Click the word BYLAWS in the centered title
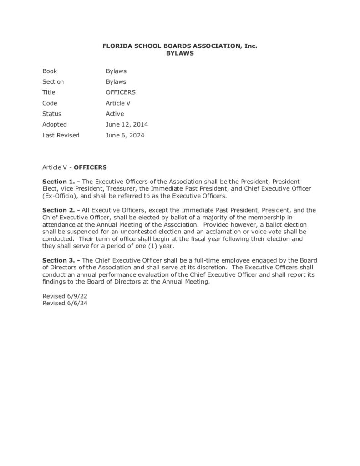(180, 53)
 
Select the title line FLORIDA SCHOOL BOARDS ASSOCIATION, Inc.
(180, 46)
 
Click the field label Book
(50, 71)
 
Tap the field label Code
(50, 103)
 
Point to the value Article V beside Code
(118, 103)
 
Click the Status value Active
(115, 114)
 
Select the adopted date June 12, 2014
(127, 124)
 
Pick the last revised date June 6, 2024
(125, 135)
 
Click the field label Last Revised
(61, 135)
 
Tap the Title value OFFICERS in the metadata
(121, 92)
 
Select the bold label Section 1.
(59, 181)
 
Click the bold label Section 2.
(59, 210)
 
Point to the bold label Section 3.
(59, 260)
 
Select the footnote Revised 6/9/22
(65, 296)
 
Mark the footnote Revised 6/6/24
(65, 303)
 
